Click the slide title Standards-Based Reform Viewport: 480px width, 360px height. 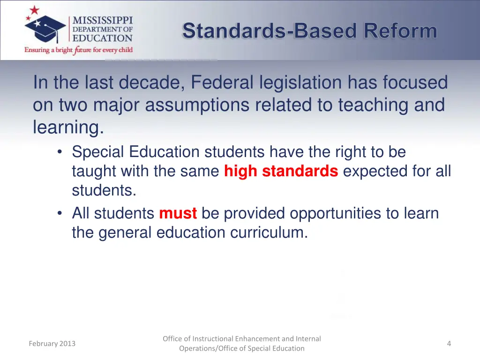[x=309, y=31]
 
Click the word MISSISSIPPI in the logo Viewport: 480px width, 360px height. [x=102, y=21]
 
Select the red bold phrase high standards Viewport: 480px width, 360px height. [x=281, y=172]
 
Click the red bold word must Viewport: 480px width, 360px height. [x=178, y=214]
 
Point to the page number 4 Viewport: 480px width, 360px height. [x=449, y=344]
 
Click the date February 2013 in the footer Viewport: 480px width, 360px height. [x=52, y=344]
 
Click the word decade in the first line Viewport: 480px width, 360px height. [x=148, y=83]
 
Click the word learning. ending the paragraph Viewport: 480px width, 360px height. [x=68, y=127]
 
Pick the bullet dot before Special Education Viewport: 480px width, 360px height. [x=60, y=152]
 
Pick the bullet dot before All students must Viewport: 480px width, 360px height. [x=60, y=214]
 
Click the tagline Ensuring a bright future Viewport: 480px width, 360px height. [x=78, y=50]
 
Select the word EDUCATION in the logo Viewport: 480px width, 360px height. [x=102, y=38]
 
